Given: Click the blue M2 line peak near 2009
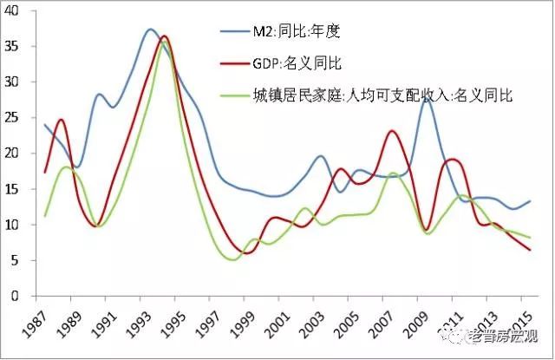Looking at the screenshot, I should pyautogui.click(x=426, y=100).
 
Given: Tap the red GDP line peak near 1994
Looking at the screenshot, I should pyautogui.click(x=164, y=36).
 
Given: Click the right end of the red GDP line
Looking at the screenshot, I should pyautogui.click(x=531, y=250).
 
